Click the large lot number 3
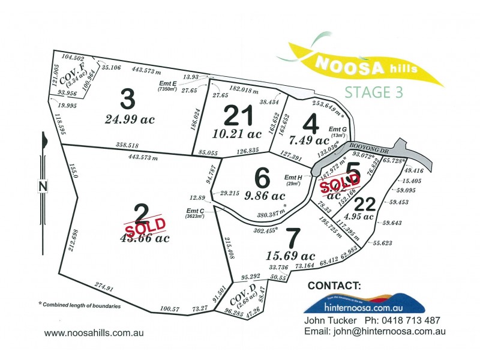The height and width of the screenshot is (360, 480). (127, 97)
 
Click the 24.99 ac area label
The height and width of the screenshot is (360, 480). (130, 119)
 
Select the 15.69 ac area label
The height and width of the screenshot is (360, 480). (290, 256)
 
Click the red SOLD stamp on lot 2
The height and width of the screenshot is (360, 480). (144, 224)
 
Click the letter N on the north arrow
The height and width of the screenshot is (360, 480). (43, 186)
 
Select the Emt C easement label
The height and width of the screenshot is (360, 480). (196, 210)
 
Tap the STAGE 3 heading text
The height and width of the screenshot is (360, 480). (375, 92)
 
